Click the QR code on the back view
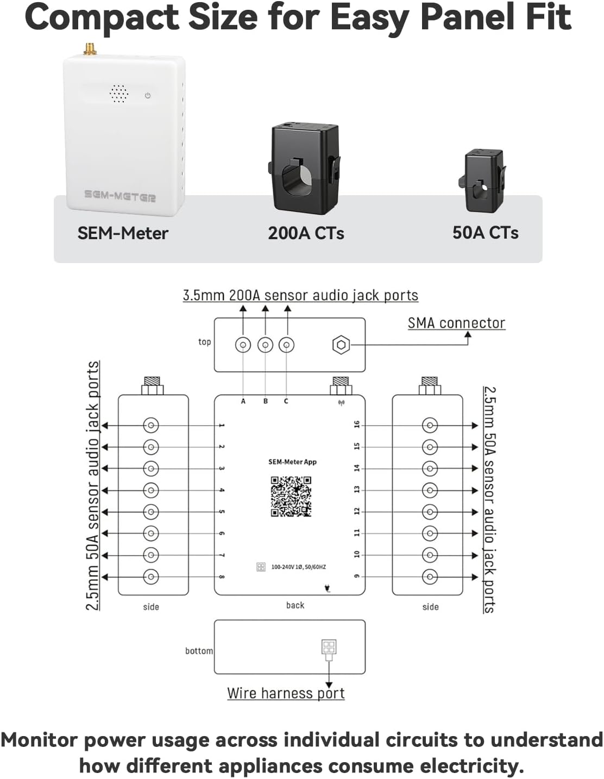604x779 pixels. [291, 496]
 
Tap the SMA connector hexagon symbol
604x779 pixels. [341, 345]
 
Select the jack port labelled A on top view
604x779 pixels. [243, 345]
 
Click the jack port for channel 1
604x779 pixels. [150, 425]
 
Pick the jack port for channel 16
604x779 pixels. [430, 425]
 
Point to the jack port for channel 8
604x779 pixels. [150, 576]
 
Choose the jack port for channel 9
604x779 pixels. [430, 576]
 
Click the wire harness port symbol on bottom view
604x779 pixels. [329, 647]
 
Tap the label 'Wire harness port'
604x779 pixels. [286, 693]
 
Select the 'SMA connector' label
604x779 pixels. [456, 323]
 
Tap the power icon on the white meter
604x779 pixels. [148, 96]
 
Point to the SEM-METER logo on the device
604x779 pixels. [120, 196]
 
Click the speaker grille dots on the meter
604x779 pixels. [119, 94]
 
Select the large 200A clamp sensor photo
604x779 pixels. [305, 169]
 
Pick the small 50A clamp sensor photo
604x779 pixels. [483, 181]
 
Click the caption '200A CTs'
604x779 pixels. [306, 233]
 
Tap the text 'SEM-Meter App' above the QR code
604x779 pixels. [292, 462]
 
